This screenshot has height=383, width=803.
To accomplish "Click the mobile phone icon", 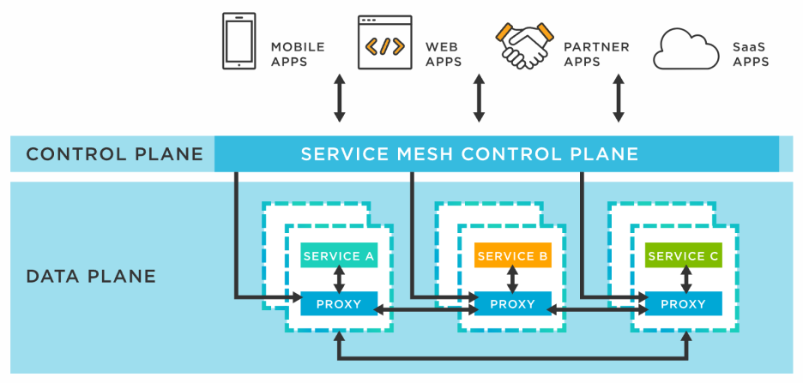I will click(x=238, y=41).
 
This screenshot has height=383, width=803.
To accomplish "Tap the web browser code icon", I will click(x=384, y=42).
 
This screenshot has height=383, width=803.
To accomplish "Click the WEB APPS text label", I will click(x=444, y=54).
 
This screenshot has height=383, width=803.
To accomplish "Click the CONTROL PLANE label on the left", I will click(x=114, y=155).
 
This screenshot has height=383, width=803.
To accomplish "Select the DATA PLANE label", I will click(x=91, y=277).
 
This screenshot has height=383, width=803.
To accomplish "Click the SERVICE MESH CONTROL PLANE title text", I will click(x=469, y=154).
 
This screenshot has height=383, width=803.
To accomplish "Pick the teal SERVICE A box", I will click(x=339, y=255).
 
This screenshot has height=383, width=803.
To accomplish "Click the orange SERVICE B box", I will click(x=512, y=255).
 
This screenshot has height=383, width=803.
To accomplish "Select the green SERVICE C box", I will click(x=684, y=255).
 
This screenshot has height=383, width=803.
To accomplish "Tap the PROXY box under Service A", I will click(x=339, y=304).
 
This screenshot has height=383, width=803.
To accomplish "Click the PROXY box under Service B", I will click(x=512, y=304).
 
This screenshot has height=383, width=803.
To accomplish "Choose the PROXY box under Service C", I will click(x=684, y=304).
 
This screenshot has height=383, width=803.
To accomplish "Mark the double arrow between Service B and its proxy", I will click(x=512, y=279).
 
